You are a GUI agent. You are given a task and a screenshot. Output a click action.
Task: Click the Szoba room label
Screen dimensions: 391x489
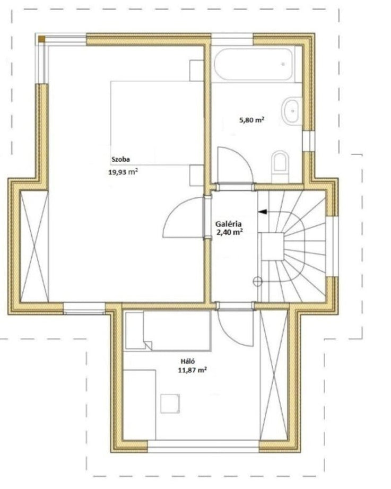click(x=121, y=159)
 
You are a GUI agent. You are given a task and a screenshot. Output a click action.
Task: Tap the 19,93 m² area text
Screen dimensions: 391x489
click(x=123, y=171)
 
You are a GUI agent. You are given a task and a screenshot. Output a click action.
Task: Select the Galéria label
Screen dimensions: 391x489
click(x=229, y=224)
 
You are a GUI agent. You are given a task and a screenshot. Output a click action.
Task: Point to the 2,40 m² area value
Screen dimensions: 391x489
click(x=230, y=232)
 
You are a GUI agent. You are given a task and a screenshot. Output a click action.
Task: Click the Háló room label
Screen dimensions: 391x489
click(x=188, y=362)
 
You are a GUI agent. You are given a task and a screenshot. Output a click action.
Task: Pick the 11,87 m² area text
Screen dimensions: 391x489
click(x=193, y=370)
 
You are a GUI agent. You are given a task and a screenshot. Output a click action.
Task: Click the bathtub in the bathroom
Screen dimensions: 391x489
click(x=253, y=64)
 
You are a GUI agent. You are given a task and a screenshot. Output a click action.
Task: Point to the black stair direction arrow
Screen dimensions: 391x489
click(x=263, y=212)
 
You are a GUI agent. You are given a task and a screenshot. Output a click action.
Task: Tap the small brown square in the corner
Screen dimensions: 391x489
click(x=41, y=39)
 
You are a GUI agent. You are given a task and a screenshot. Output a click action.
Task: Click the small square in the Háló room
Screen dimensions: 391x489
click(x=170, y=404)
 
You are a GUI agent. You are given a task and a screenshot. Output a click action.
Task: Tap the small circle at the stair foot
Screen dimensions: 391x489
click(x=257, y=282)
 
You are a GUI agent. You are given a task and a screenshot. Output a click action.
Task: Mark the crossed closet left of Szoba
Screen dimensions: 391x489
click(x=34, y=247)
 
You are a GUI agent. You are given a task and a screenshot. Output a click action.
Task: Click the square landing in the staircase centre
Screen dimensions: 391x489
click(x=272, y=247)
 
